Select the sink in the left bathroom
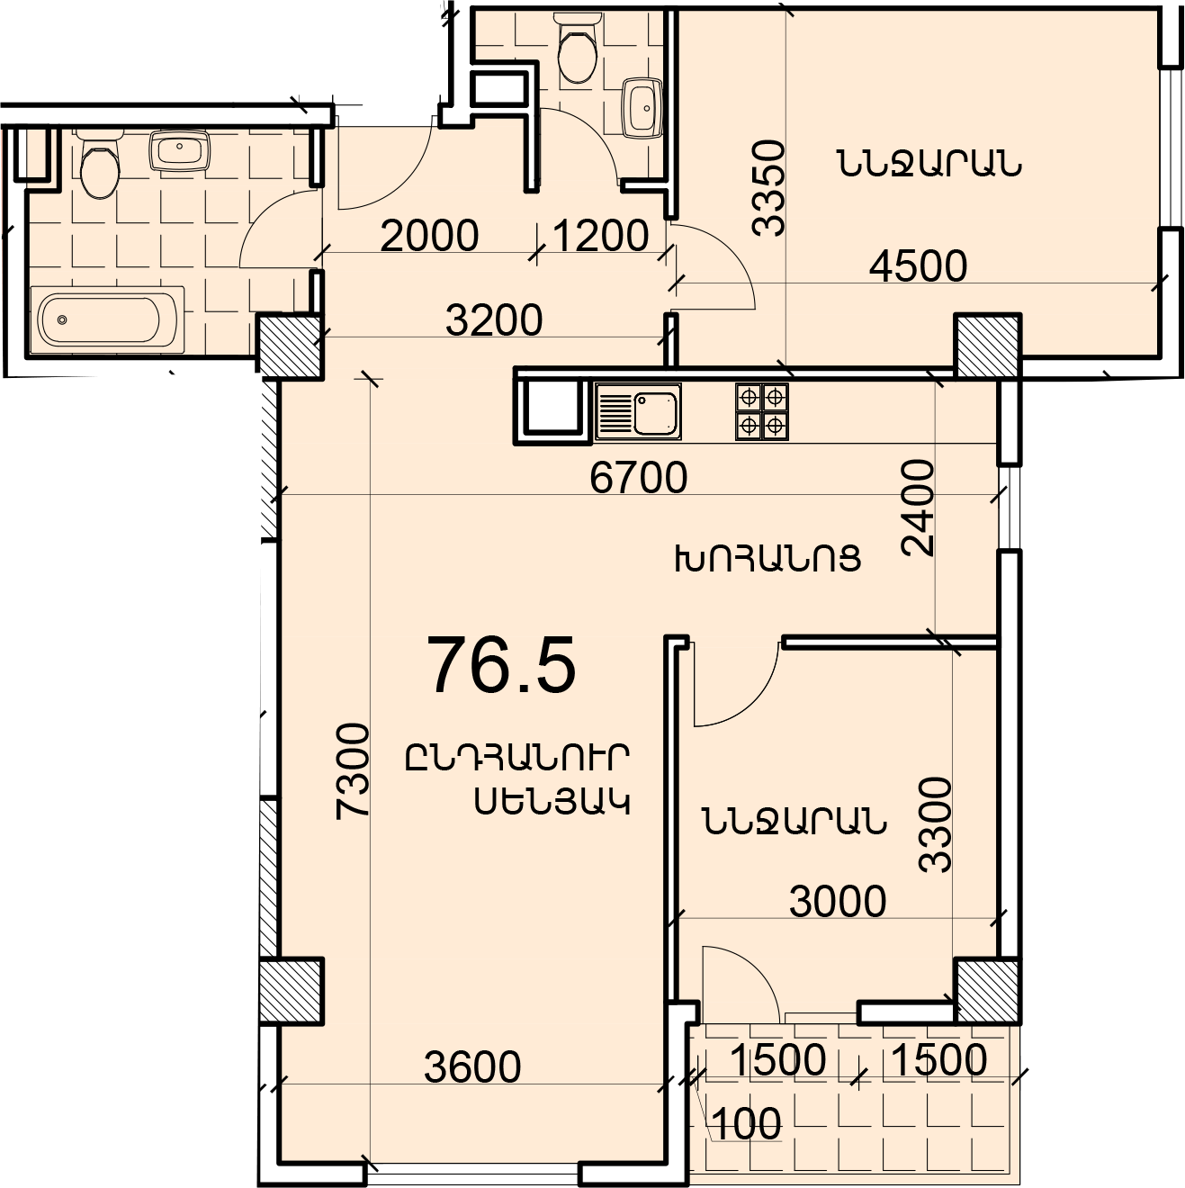click(180, 149)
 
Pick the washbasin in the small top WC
click(642, 108)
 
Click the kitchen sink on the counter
click(639, 411)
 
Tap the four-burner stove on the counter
click(762, 412)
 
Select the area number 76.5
click(501, 667)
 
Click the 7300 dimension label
click(353, 771)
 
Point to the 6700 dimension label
click(638, 478)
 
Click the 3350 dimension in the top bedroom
click(768, 189)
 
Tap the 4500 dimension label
click(918, 266)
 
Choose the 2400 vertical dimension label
click(918, 508)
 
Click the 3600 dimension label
click(473, 1066)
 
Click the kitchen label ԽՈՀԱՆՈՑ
click(768, 559)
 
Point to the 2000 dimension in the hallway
click(429, 236)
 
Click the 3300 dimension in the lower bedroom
click(936, 824)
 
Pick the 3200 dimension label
click(494, 320)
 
